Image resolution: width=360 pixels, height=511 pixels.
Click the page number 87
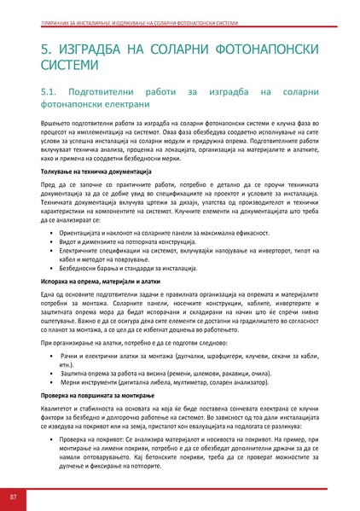pos(14,496)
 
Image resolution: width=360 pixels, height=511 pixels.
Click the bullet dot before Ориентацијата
pos(53,232)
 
